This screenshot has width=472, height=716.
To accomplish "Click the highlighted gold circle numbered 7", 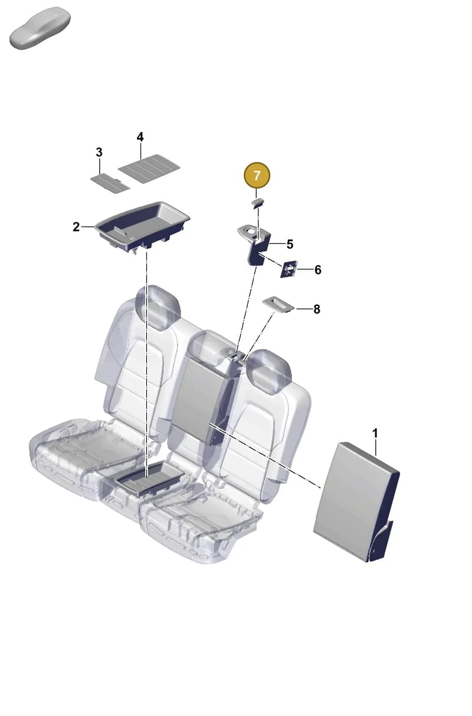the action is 257,176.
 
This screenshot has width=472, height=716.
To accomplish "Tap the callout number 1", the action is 375,433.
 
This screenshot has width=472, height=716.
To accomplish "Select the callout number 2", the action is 76,227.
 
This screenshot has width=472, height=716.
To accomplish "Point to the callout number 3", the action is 99,152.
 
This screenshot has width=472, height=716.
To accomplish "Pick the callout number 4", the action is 140,137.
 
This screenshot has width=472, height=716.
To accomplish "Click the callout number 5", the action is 290,244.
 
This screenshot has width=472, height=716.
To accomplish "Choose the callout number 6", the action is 317,270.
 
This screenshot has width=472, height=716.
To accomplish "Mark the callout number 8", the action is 316,309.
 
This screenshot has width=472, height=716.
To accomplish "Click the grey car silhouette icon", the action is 40,28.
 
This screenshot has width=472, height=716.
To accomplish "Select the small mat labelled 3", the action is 110,183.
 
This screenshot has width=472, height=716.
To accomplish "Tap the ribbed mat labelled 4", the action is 149,169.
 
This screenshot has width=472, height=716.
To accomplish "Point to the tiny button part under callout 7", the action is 258,203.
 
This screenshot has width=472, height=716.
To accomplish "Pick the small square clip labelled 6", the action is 289,269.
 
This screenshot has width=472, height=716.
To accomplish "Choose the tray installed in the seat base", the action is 149,477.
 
